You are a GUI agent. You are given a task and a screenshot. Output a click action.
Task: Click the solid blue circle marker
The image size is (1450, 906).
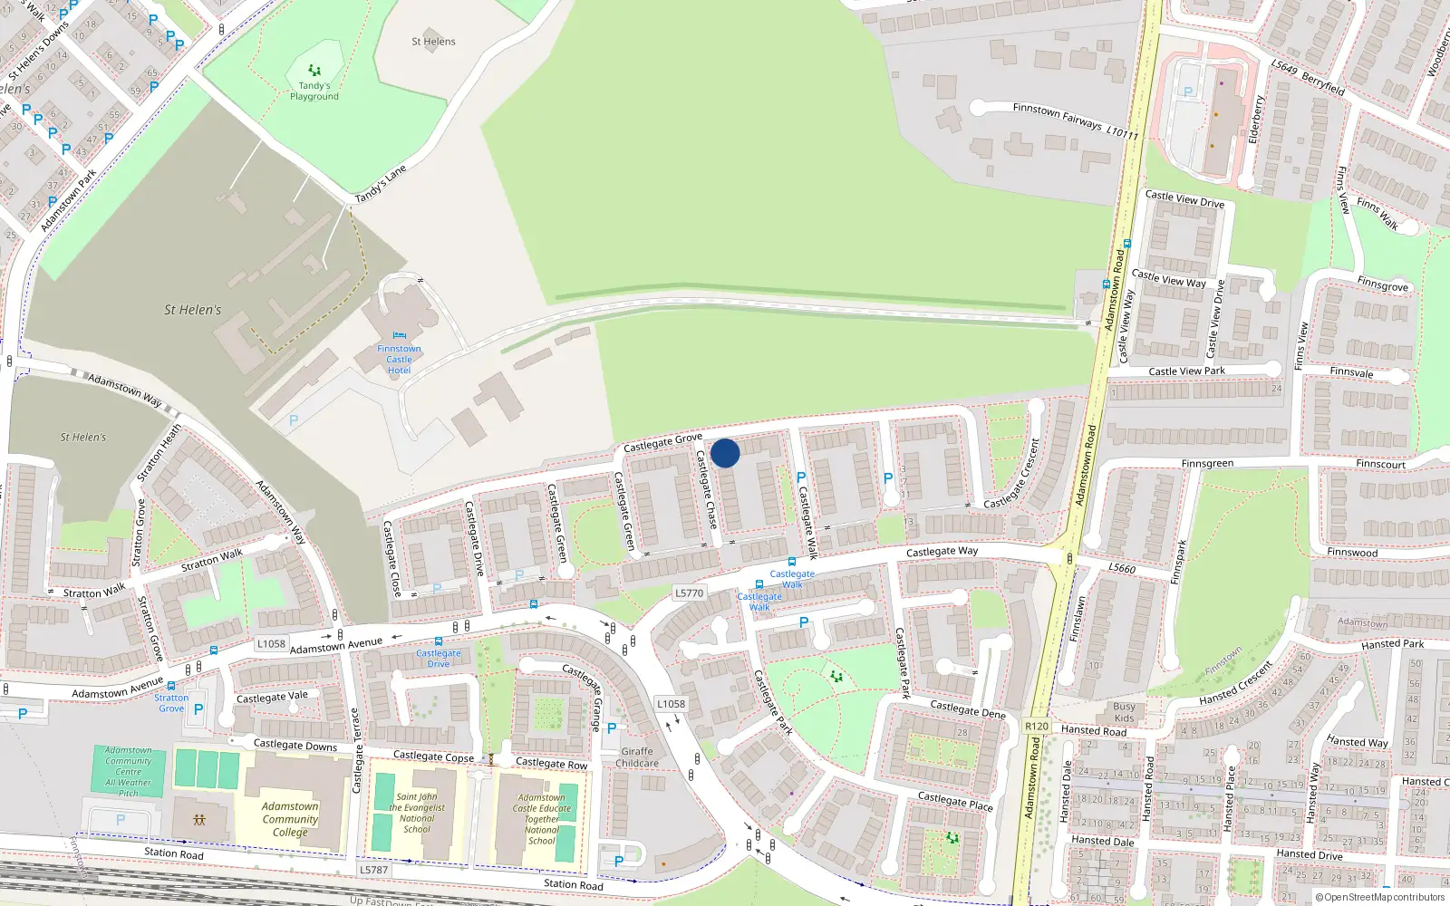[725, 453]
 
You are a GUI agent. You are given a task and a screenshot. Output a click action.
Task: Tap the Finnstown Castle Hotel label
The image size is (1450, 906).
[399, 360]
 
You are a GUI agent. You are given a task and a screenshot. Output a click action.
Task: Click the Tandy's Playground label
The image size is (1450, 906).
[314, 91]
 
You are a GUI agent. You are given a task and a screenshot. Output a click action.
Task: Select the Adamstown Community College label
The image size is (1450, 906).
[290, 819]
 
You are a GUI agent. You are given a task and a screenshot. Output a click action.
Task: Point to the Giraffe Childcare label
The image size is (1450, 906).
[637, 757]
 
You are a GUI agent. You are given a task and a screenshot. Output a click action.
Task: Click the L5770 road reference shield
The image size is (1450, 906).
[689, 593]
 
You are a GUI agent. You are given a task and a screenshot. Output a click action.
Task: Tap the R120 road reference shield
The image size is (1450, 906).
[1036, 727]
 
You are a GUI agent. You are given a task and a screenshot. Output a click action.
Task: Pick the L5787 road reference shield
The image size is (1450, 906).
[373, 870]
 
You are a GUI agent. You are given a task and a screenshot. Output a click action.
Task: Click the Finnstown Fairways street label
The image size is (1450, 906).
[1057, 115]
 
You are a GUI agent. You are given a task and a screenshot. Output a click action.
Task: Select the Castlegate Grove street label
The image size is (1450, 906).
[662, 443]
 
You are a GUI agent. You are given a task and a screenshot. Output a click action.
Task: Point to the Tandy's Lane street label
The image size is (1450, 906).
[381, 185]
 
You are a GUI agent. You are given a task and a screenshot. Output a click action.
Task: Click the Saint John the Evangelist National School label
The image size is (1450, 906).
[417, 813]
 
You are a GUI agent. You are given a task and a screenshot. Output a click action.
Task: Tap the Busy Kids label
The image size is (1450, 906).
[1124, 712]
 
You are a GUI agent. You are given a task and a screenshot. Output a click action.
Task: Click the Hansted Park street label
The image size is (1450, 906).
[1392, 644]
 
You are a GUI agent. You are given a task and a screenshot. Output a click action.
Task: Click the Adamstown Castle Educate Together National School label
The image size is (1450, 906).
[542, 819]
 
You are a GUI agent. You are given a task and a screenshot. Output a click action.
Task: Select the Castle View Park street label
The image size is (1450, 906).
[1186, 371]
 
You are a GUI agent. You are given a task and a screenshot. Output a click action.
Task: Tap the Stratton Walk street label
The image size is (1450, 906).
[212, 560]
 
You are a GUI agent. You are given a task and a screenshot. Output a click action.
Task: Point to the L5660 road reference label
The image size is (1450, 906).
[1122, 568]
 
